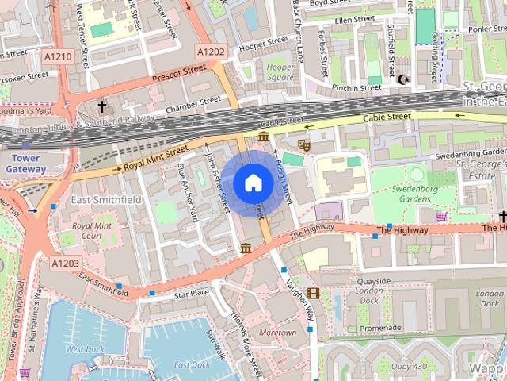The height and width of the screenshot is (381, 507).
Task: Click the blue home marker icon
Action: click(x=253, y=183)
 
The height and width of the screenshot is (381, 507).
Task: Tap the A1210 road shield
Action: click(x=58, y=57)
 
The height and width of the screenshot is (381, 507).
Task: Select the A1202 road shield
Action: click(x=211, y=52)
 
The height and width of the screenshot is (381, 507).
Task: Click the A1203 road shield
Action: click(x=66, y=263)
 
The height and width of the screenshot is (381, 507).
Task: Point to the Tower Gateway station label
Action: click(x=26, y=164)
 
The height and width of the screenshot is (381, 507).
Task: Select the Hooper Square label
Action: click(x=279, y=73)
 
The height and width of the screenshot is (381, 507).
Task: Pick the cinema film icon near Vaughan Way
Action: click(x=314, y=294)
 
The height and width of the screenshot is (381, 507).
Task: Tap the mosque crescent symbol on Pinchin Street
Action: click(x=402, y=79)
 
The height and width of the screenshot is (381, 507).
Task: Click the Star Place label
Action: click(x=191, y=294)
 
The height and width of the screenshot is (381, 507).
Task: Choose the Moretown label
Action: click(x=277, y=332)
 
